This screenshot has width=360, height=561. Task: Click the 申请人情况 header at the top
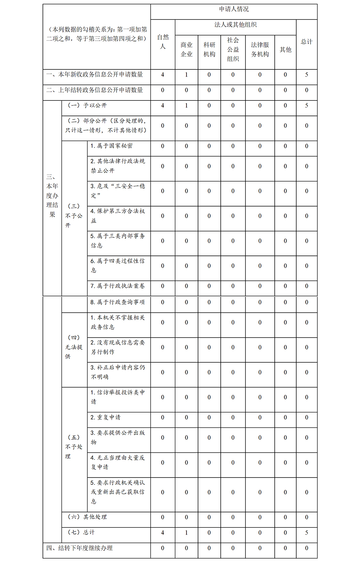point(234,9)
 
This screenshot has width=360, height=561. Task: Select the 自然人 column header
point(163,42)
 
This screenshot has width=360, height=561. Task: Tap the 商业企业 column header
point(186,50)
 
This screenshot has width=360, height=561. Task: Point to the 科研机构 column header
point(209,50)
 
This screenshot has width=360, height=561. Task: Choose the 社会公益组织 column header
point(233,50)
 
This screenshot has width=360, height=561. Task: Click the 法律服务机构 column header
point(260,50)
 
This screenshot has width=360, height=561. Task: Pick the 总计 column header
point(307,42)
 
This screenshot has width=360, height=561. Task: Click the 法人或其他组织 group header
point(235,25)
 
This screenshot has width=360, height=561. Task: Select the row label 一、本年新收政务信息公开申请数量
point(95,74)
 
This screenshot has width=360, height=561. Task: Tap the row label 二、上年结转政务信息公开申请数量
point(95,90)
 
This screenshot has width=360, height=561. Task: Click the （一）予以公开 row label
point(87,105)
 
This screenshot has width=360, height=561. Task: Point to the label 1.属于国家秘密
point(111,146)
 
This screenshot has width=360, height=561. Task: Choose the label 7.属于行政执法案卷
point(117,286)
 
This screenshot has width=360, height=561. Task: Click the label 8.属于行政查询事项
point(117,302)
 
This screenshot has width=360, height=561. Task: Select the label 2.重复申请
point(105,417)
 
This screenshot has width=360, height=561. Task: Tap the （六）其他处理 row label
point(87,517)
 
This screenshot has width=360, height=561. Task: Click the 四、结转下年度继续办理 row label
point(80,548)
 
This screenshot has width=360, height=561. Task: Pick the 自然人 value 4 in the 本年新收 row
point(163,75)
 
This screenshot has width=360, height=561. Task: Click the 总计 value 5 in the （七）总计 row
point(307,533)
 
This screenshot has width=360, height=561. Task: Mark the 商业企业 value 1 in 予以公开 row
point(186,106)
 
